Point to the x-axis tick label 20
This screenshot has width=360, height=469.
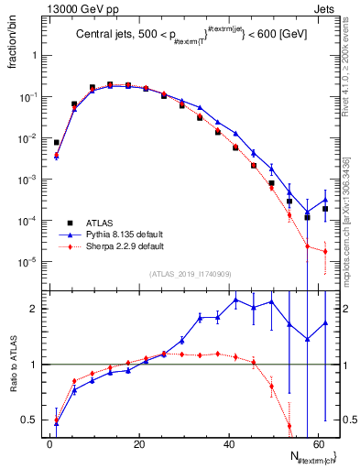tap(139, 443)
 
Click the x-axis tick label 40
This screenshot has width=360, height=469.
tap(229, 443)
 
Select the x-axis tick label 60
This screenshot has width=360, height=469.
tap(318, 443)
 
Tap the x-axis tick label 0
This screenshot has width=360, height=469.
tap(50, 443)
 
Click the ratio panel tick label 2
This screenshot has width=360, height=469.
tap(34, 309)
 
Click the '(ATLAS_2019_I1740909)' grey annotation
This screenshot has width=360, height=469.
tap(190, 274)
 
